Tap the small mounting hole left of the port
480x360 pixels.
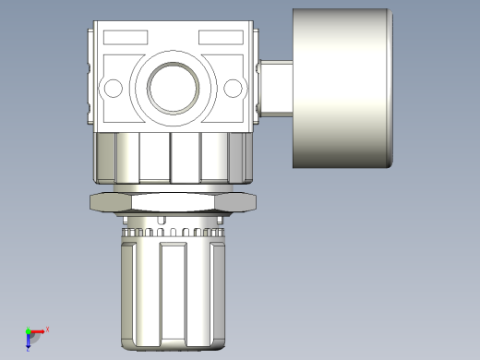(114, 89)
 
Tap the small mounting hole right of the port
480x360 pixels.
(233, 89)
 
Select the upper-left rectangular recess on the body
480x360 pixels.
(126, 38)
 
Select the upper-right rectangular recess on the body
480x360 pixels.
(220, 38)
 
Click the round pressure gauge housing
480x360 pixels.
(340, 89)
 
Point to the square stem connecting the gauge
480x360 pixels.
(275, 88)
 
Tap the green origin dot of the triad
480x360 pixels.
(28, 330)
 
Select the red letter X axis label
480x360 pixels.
(47, 329)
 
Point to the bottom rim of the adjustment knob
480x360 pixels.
(173, 348)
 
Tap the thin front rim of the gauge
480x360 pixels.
(391, 89)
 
